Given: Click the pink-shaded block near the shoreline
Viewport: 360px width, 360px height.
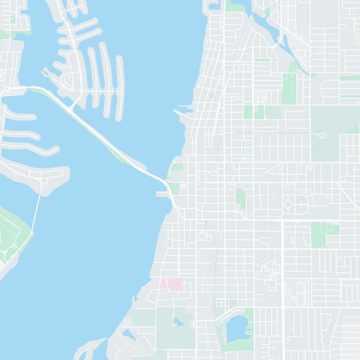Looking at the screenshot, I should (x=172, y=284).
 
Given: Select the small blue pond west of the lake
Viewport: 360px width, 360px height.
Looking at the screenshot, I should (x=177, y=322).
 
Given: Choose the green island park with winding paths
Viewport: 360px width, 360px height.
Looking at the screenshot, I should (x=11, y=234).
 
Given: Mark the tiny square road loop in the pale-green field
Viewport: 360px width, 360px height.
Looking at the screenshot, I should (x=321, y=135).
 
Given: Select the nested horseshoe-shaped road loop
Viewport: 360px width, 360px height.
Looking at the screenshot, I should (x=260, y=98).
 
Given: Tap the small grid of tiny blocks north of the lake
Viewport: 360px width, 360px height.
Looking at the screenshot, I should (x=221, y=303).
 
